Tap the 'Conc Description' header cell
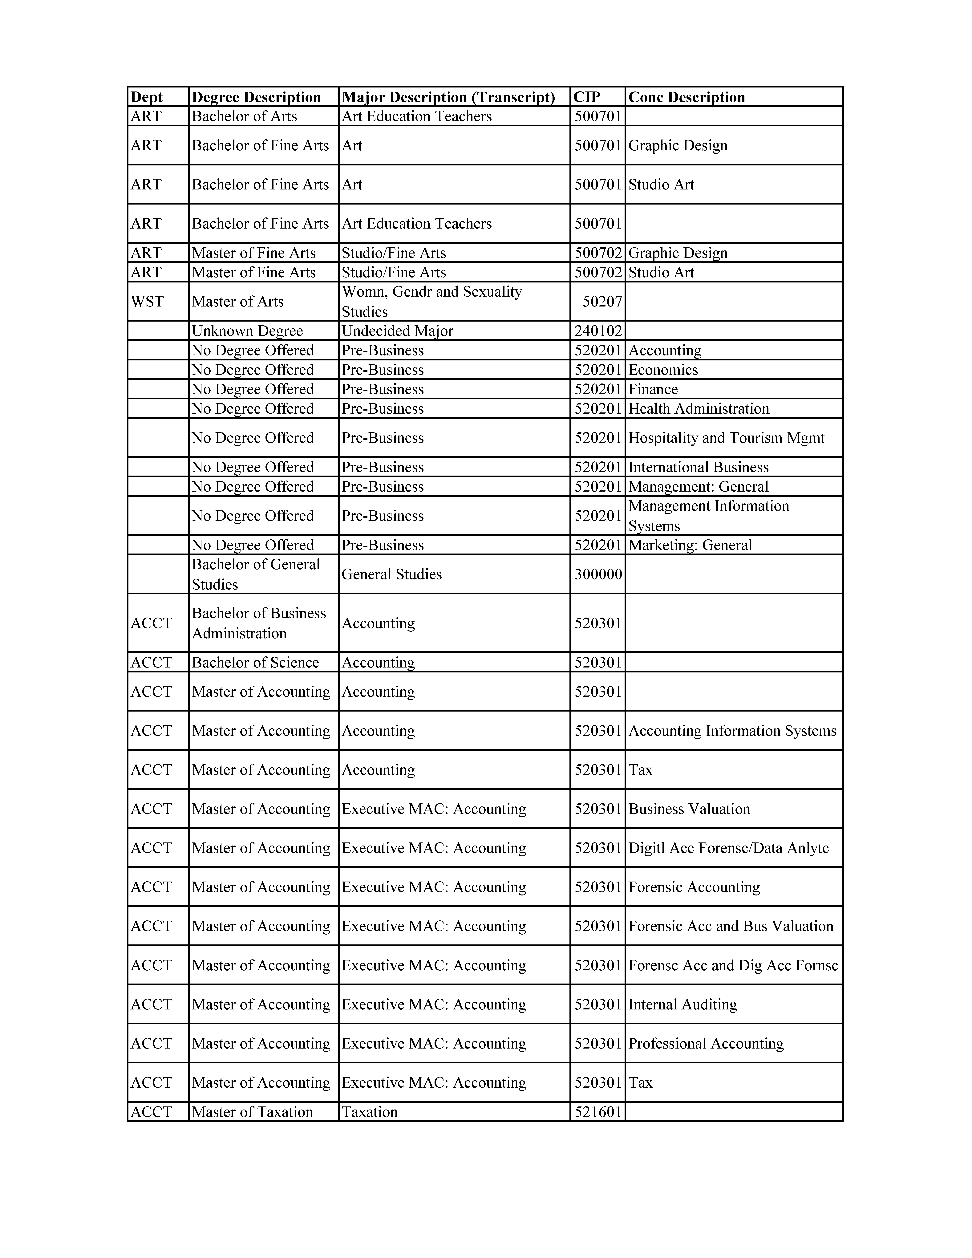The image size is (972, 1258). [x=686, y=97]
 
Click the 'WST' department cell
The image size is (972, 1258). [x=147, y=301]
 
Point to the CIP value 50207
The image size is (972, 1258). [x=602, y=301]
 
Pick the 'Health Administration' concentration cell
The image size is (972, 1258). [x=699, y=408]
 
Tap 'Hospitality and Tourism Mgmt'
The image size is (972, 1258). [x=726, y=438]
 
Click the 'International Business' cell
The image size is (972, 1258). [x=699, y=467]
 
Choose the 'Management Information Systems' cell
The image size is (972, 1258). [x=708, y=516]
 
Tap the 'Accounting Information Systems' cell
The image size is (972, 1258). [x=732, y=730]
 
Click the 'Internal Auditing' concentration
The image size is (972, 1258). [x=682, y=1004]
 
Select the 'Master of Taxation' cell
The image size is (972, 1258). [x=252, y=1112]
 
